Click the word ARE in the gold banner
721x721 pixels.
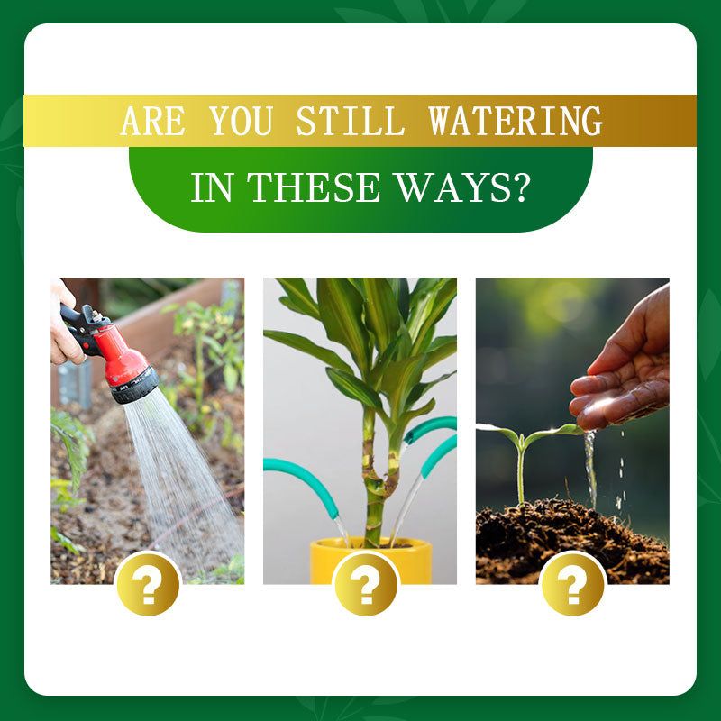click(152, 121)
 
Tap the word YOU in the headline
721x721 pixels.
click(241, 121)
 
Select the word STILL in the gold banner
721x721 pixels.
click(350, 121)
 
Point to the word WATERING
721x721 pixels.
click(515, 121)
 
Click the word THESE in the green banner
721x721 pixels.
click(315, 187)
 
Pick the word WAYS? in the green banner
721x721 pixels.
click(462, 187)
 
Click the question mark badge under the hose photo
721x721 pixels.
click(148, 584)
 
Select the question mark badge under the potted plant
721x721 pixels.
click(366, 584)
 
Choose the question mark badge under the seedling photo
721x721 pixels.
click(572, 584)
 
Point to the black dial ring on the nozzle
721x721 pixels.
click(134, 386)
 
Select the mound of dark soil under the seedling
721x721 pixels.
click(572, 543)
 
